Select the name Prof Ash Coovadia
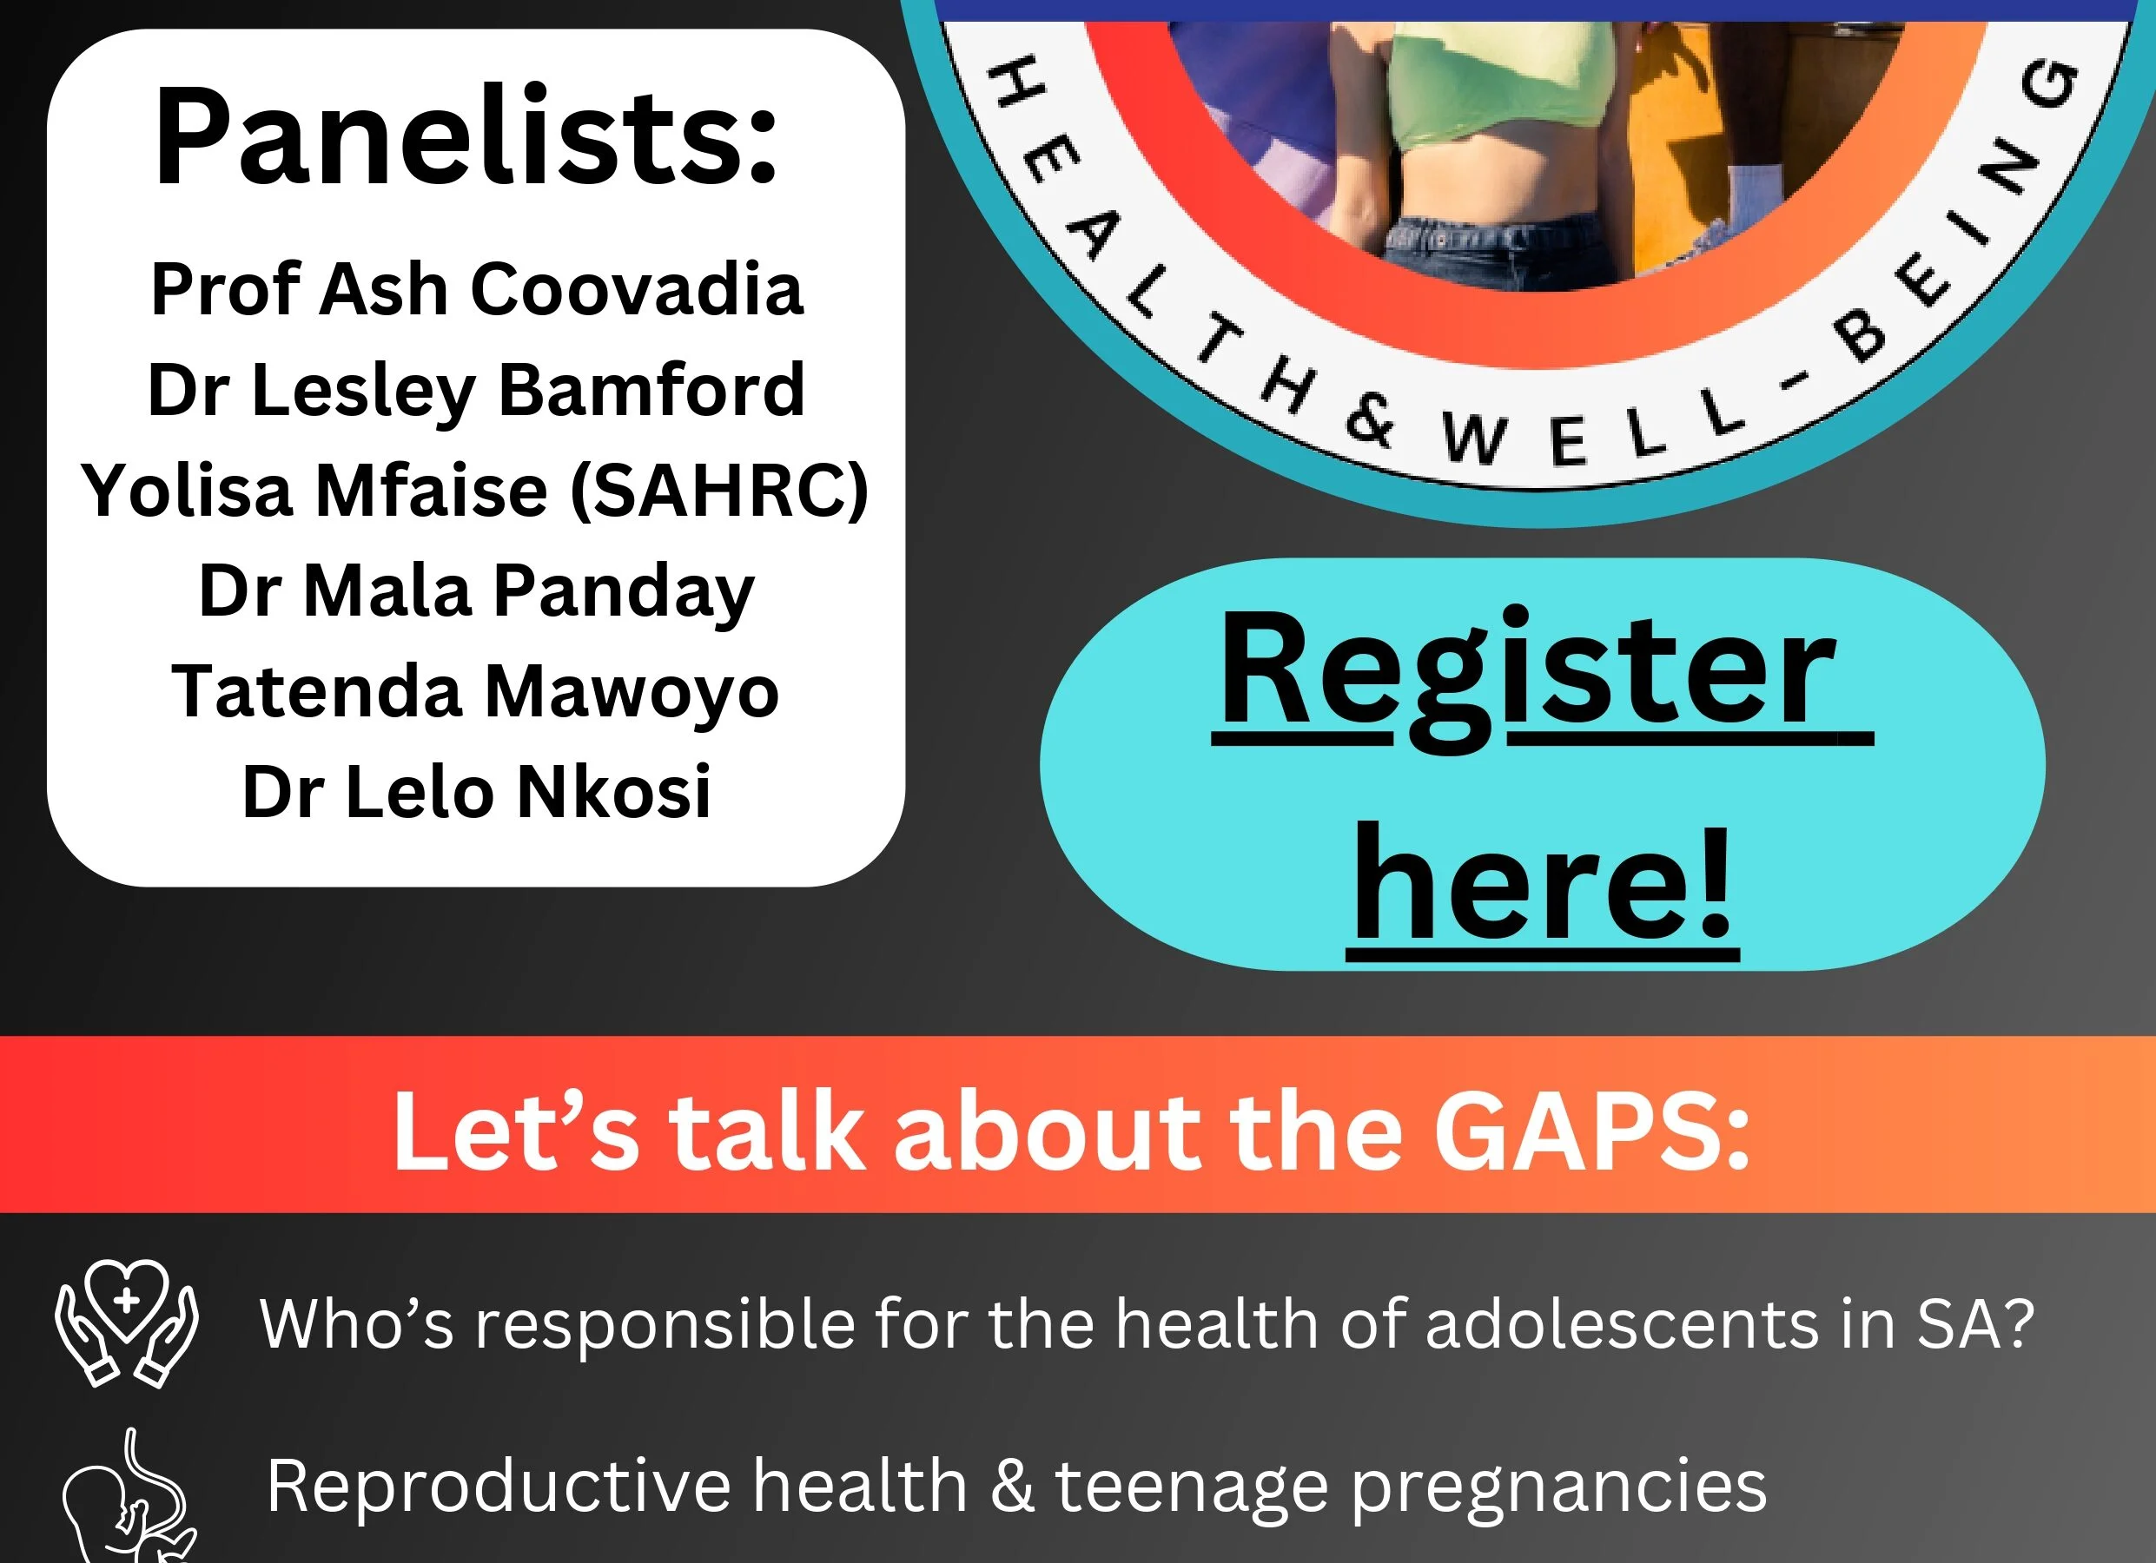[x=476, y=289]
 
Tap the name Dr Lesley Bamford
[x=476, y=391]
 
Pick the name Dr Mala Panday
[x=476, y=592]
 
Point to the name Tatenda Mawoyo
[x=475, y=693]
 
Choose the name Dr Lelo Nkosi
[x=476, y=791]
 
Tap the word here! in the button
[x=1542, y=883]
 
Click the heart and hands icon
[x=127, y=1323]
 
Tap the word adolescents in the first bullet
[x=1622, y=1323]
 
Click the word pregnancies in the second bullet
[x=1558, y=1487]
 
